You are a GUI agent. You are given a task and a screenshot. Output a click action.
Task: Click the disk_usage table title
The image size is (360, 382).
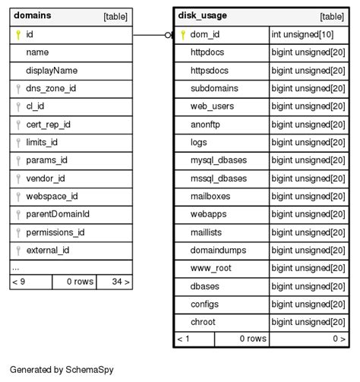click(202, 15)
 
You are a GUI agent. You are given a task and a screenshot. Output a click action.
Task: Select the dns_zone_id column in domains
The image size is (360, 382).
click(50, 89)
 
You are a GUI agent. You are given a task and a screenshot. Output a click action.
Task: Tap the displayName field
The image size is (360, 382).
click(52, 71)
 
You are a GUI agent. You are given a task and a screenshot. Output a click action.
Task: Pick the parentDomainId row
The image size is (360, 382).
click(58, 214)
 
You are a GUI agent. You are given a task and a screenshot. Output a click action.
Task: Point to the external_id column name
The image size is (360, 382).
click(48, 250)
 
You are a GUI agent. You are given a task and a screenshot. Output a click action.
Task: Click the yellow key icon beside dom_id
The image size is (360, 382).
click(183, 34)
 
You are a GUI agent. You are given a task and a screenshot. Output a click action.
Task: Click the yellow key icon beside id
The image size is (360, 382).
click(18, 34)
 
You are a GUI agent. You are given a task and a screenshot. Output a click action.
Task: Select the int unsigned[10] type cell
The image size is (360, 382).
click(303, 34)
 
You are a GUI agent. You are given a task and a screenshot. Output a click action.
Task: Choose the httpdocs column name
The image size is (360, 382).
click(209, 52)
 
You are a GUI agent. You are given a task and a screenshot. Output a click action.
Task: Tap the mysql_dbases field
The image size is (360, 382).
click(219, 160)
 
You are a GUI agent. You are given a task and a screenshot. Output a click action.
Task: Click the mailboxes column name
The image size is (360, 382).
click(210, 196)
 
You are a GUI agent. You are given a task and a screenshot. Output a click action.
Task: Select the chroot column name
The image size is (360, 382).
click(203, 322)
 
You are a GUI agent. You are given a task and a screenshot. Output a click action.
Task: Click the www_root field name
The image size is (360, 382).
click(211, 268)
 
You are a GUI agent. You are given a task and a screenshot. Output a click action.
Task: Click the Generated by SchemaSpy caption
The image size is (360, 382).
click(61, 370)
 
